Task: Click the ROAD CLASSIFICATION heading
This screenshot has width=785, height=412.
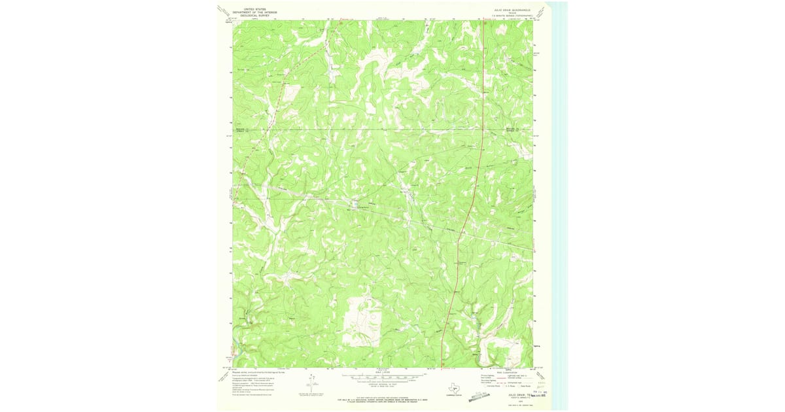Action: pos(511,372)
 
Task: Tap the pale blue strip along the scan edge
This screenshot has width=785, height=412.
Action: pos(558,196)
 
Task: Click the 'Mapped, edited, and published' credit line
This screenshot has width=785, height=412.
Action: pos(258,371)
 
